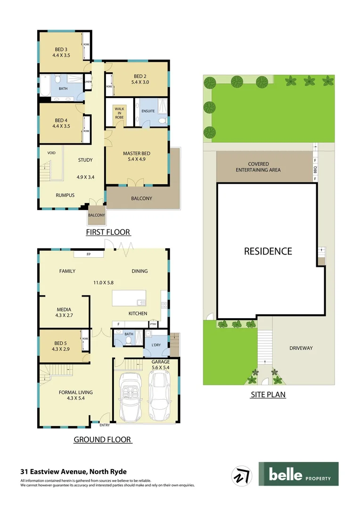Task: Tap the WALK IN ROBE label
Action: coord(119,113)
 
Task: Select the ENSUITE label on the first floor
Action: coord(148,111)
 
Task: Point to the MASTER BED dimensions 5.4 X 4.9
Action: coord(136,160)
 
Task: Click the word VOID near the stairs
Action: coord(52,153)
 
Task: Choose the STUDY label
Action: coord(85,160)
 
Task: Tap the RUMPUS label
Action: coord(65,195)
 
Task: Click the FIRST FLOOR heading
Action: coord(108,232)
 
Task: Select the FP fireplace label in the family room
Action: coord(88,254)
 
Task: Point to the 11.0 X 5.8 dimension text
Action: coord(104,282)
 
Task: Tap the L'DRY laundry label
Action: coord(156,345)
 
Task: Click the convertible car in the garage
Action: coord(131,396)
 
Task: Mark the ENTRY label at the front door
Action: coord(104,425)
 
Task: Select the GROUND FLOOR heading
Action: coord(102,440)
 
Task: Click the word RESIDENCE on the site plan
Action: coord(268,251)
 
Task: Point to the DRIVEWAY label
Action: coord(301,348)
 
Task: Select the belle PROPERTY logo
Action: coord(298,474)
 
